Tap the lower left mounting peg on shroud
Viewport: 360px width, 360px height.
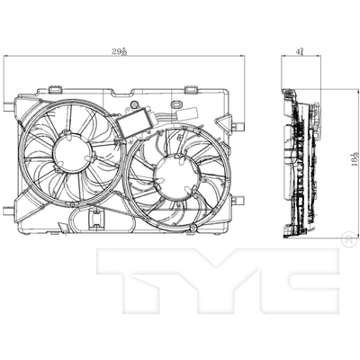[x=8, y=211]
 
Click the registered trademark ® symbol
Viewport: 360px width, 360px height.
[x=347, y=238]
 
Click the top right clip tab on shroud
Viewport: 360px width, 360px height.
[x=193, y=88]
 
